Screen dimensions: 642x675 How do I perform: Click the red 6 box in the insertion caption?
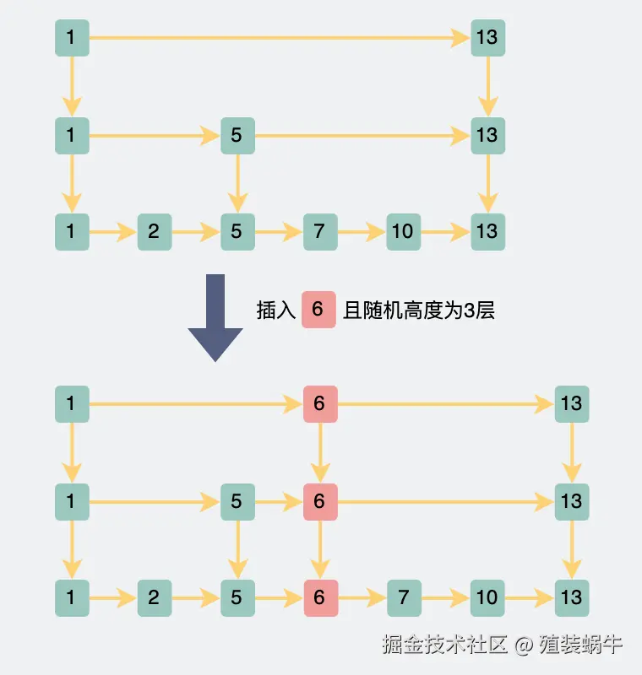tap(318, 310)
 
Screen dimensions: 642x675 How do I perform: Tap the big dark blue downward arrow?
tap(215, 317)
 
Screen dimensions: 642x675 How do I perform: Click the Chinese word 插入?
tap(275, 310)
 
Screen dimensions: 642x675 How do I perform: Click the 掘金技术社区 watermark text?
tap(444, 645)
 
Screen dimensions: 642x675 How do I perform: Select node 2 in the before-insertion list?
tap(155, 231)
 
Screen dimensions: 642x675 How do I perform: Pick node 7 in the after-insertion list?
tap(404, 598)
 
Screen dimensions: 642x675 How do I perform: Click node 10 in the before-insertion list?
tap(403, 231)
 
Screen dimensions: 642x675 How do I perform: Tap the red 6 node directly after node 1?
tap(320, 404)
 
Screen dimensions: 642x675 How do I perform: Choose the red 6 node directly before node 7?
tap(321, 598)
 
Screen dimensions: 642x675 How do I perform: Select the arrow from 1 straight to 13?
tap(280, 38)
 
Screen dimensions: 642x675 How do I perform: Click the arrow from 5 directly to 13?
tap(362, 136)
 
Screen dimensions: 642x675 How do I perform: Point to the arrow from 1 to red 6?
tap(196, 404)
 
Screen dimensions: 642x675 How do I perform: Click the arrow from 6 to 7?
tap(362, 598)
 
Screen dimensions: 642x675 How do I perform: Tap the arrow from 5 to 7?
tap(280, 232)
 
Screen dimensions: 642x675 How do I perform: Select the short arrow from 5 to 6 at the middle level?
tap(280, 502)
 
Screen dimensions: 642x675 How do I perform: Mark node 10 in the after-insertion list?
tap(487, 598)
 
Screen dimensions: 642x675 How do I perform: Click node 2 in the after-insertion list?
tap(155, 598)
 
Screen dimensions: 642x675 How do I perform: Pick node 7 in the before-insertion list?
tap(320, 231)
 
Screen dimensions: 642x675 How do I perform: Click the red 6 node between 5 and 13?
tap(320, 502)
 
